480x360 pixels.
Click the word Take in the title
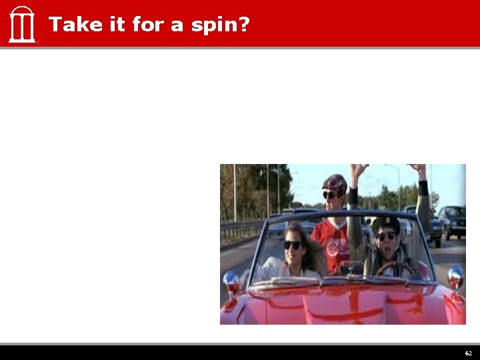[x=70, y=25]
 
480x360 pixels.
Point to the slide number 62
[x=468, y=353]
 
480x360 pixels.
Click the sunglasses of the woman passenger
[x=293, y=245]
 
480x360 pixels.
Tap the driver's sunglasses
[x=386, y=236]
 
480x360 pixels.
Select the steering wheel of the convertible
[x=395, y=268]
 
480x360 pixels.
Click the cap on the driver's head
[x=385, y=223]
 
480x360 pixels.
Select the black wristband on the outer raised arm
[x=423, y=188]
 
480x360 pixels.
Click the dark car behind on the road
[x=451, y=220]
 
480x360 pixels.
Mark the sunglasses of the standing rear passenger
[x=331, y=195]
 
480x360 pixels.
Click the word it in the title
[x=110, y=25]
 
